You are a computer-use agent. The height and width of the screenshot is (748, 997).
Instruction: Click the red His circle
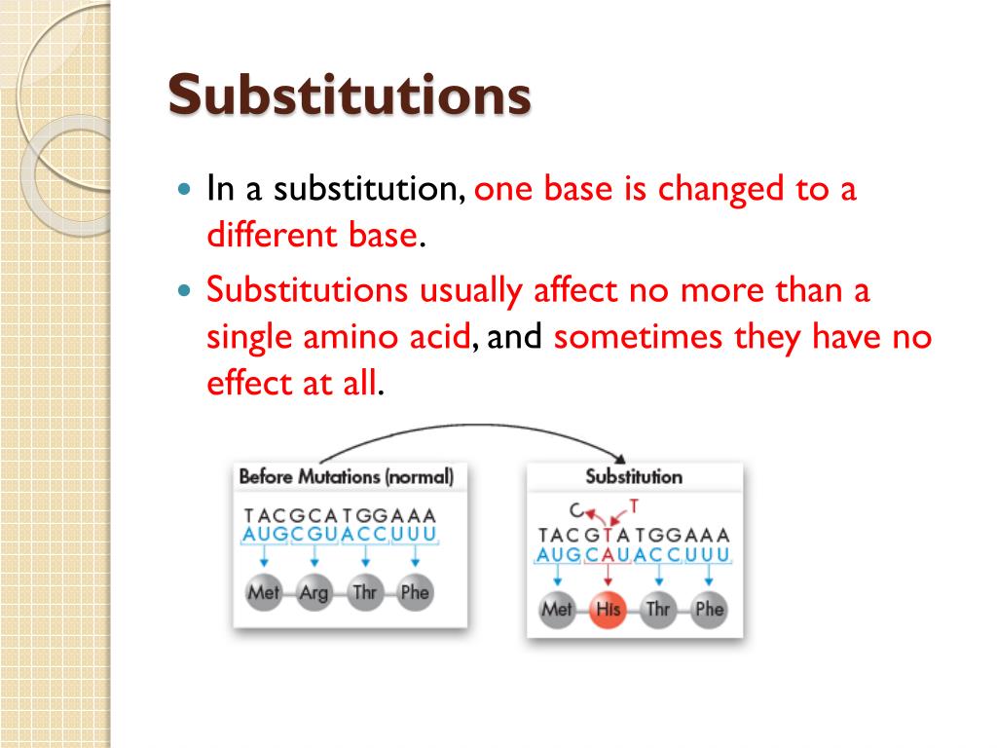[608, 610]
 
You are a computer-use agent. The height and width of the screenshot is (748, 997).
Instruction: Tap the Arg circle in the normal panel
[314, 592]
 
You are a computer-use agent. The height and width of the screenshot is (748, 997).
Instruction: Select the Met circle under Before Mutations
[263, 592]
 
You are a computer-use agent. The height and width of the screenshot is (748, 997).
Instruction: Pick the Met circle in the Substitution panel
[557, 610]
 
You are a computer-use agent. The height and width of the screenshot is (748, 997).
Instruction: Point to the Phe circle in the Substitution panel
[709, 610]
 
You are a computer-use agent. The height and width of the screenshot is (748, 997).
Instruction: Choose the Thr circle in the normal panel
[364, 592]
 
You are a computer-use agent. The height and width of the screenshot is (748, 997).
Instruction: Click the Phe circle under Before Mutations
[414, 592]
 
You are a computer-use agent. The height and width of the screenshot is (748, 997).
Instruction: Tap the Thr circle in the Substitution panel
[658, 610]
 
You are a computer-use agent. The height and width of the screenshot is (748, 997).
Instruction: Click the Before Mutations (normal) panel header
[346, 477]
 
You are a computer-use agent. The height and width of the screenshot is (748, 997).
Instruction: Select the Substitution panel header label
[634, 477]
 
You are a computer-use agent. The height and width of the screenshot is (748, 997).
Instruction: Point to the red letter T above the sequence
[634, 505]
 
